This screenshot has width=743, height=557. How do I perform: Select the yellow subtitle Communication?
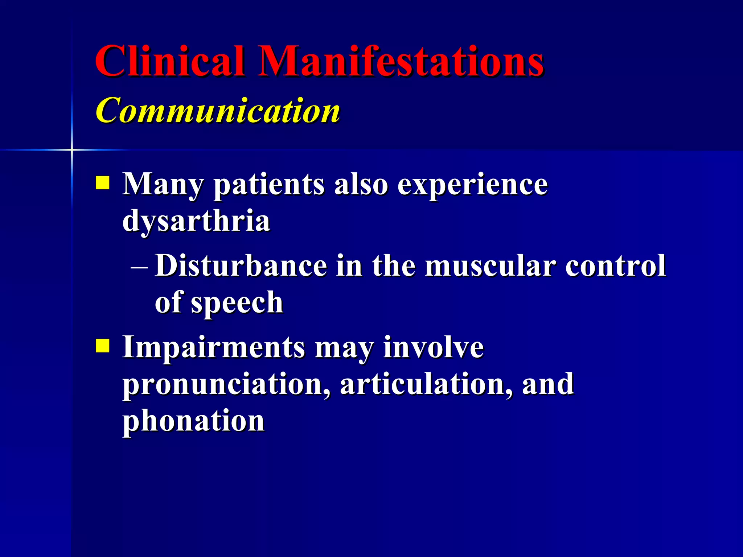pyautogui.click(x=218, y=110)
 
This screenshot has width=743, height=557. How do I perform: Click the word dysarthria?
pyautogui.click(x=196, y=221)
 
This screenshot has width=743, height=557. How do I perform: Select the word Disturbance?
pyautogui.click(x=241, y=266)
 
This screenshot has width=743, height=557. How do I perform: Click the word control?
pyautogui.click(x=616, y=266)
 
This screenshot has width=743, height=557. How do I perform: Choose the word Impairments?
pyautogui.click(x=214, y=347)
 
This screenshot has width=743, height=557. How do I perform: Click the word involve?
pyautogui.click(x=434, y=347)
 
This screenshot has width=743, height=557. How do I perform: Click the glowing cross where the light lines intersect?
pyautogui.click(x=72, y=149)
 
